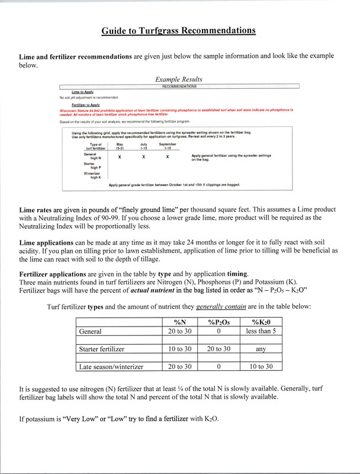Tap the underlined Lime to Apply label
pos(83,92)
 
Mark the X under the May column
pos(120,157)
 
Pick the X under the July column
pos(143,157)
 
